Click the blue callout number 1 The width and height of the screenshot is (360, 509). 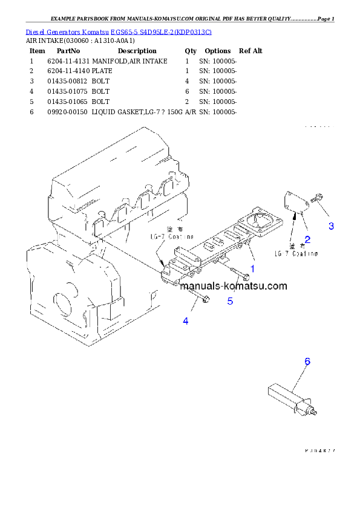click(x=252, y=267)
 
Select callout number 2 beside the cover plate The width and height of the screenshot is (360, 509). click(x=307, y=239)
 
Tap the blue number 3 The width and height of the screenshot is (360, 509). click(x=331, y=226)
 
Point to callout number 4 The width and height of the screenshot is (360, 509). click(x=186, y=321)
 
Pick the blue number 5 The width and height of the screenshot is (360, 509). click(x=230, y=300)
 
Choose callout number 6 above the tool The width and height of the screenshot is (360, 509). click(x=307, y=361)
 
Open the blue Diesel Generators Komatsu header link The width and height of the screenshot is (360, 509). click(x=119, y=31)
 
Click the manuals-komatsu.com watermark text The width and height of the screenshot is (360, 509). click(x=233, y=287)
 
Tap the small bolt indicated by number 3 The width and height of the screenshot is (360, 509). click(x=316, y=198)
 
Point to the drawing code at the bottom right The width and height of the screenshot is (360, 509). click(x=319, y=450)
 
